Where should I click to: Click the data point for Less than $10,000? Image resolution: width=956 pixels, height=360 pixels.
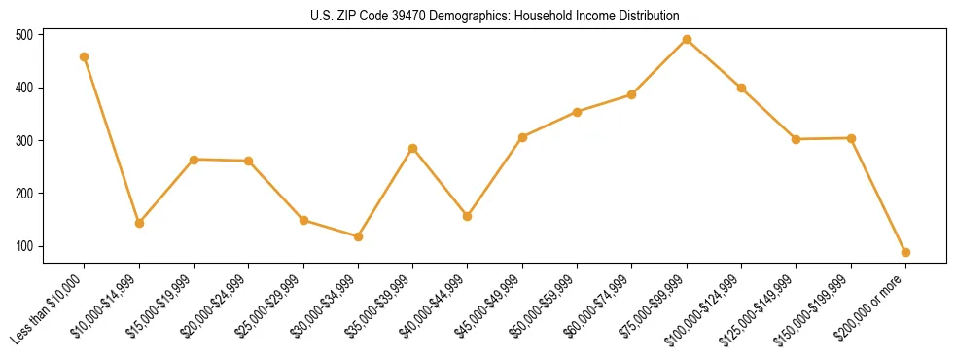[85, 56]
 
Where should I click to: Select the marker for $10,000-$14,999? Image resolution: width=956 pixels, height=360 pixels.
[139, 223]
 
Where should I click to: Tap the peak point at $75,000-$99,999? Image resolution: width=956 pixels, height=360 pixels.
[687, 39]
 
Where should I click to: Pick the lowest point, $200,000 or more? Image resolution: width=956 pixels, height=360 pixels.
[905, 252]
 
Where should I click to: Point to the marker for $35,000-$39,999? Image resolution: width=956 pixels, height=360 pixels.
[413, 148]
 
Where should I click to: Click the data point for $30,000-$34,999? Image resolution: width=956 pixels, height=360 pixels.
[358, 236]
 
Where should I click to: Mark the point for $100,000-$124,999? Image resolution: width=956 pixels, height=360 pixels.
[741, 88]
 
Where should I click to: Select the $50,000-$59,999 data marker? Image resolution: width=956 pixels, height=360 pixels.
[577, 112]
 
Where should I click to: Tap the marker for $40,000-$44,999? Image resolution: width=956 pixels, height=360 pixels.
[468, 216]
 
